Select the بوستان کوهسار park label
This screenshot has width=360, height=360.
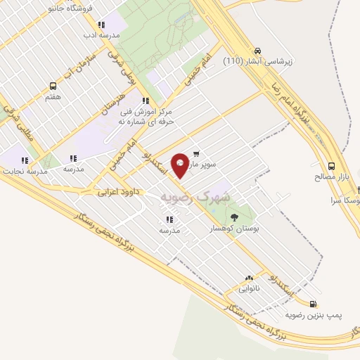point(236,229)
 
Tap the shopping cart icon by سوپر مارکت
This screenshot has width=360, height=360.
point(196,153)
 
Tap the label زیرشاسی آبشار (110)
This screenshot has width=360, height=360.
point(257,62)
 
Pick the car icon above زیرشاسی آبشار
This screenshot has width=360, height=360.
point(258,51)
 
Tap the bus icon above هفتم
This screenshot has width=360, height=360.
point(53,86)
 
